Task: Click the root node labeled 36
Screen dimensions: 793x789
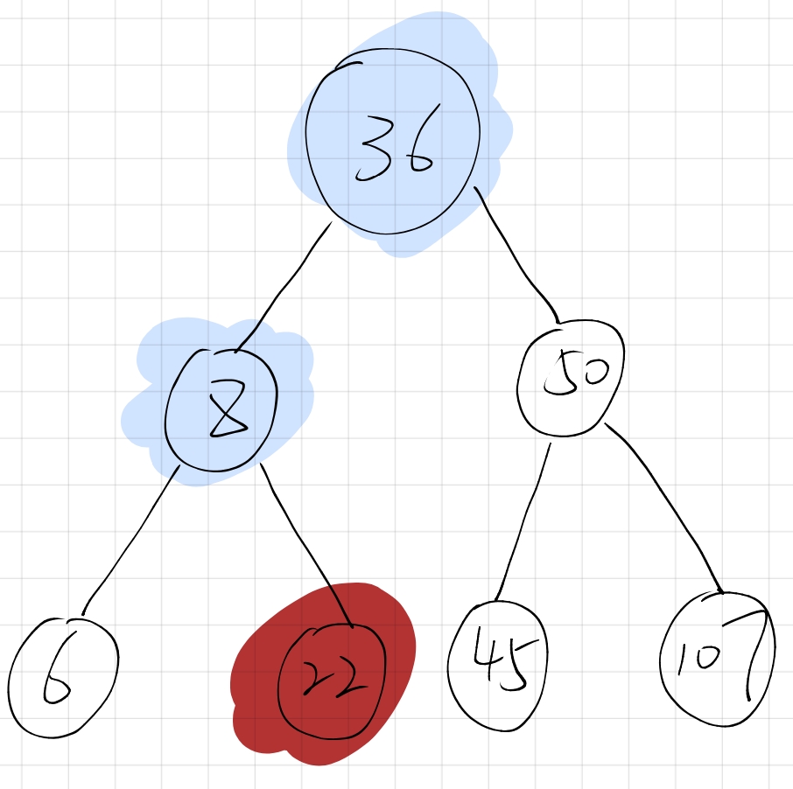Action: pos(392,142)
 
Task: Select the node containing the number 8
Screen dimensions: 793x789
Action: pos(221,410)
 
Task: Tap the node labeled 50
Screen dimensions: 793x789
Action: pos(571,378)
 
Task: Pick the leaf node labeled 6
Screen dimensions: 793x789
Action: pos(63,677)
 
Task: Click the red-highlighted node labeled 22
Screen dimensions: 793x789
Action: pos(331,681)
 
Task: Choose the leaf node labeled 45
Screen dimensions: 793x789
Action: pos(498,666)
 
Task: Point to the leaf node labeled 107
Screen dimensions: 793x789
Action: pos(717,660)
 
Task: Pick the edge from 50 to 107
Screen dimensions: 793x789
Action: pos(664,508)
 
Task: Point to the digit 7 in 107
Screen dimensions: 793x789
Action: pos(754,654)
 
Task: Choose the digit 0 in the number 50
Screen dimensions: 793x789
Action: pos(595,372)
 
